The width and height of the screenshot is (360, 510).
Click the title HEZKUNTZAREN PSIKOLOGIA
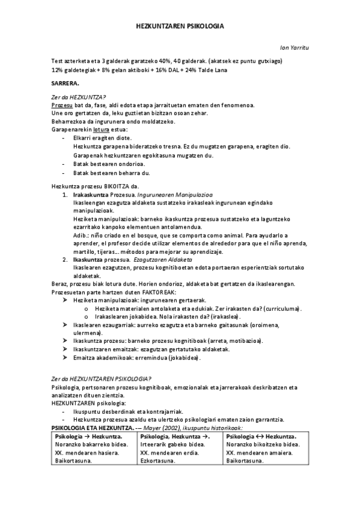coord(180,26)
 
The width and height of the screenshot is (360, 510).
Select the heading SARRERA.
coord(66,83)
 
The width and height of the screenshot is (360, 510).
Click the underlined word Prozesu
coord(62,105)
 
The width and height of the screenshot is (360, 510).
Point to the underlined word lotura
coord(101,129)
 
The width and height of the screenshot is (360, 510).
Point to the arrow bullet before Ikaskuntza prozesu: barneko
coord(66,340)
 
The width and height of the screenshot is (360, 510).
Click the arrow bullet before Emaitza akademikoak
coord(66,357)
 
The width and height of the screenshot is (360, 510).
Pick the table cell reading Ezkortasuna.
coord(157,461)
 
